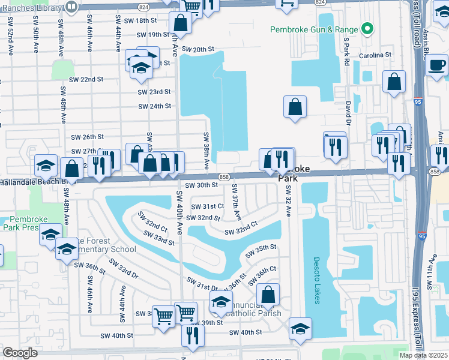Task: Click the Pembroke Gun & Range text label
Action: pyautogui.click(x=314, y=29)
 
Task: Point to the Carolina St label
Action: pyautogui.click(x=376, y=54)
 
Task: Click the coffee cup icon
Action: pyautogui.click(x=437, y=64)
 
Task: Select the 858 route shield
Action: pyautogui.click(x=224, y=176)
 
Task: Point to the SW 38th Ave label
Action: pyautogui.click(x=206, y=150)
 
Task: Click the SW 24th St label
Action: pyautogui.click(x=154, y=106)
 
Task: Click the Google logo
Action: pyautogui.click(x=20, y=353)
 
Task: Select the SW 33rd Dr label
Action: pyautogui.click(x=124, y=268)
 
